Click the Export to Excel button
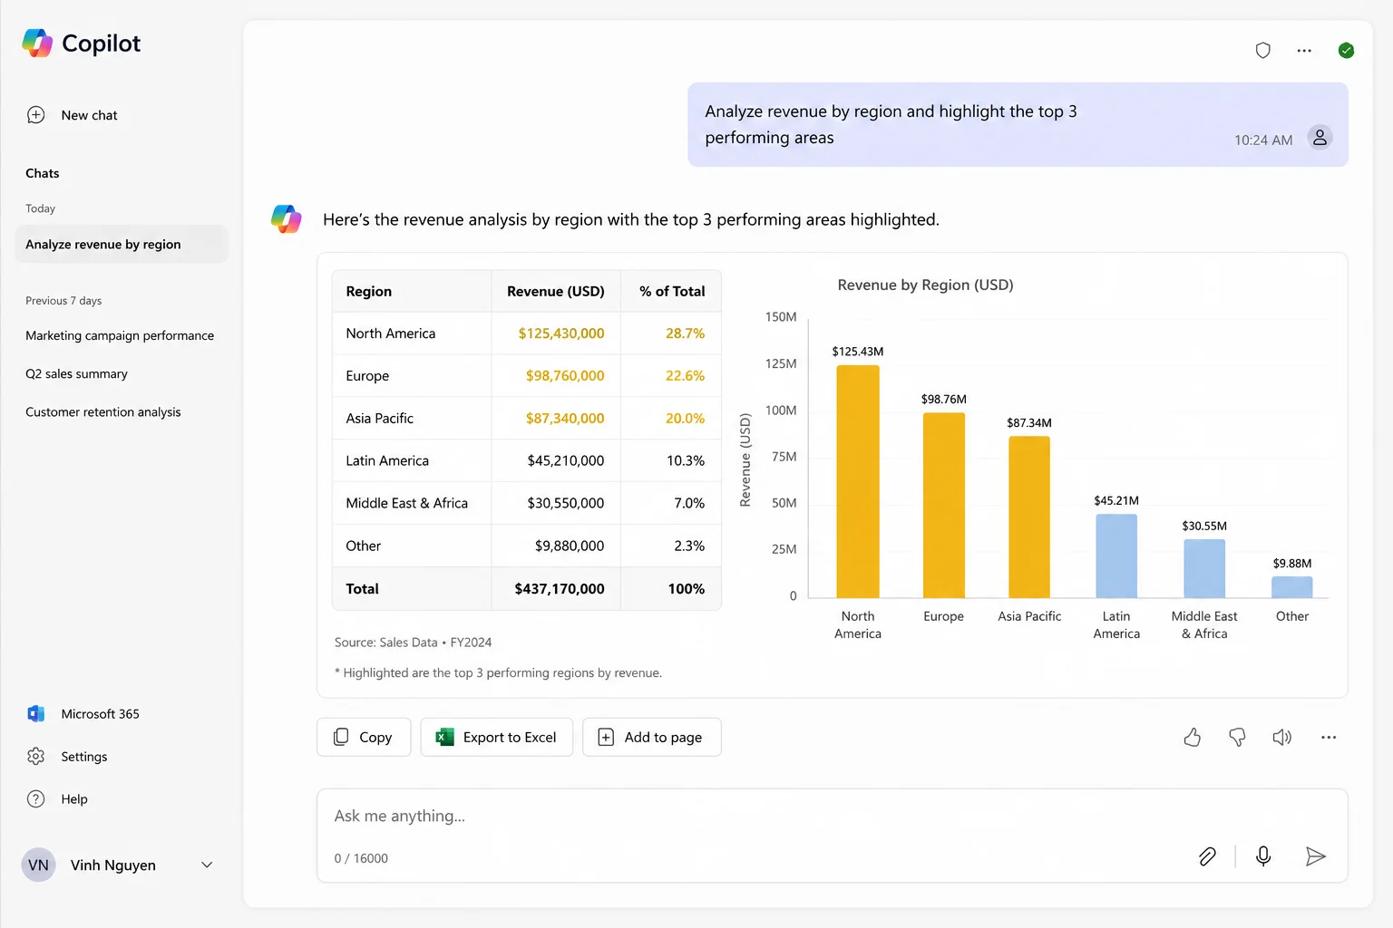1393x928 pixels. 496,737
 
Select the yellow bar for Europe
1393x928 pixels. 943,506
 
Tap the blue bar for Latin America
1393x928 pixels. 1116,556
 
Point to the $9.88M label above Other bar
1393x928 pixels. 1291,563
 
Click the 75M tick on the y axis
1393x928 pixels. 784,456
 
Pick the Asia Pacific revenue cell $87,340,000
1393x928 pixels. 565,418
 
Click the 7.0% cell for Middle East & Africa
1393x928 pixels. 689,503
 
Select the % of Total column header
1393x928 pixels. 672,291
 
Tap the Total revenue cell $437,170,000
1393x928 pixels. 559,588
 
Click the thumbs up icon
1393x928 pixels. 1193,737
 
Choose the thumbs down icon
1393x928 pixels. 1237,737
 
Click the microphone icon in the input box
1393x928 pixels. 1263,855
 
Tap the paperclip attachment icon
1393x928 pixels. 1207,856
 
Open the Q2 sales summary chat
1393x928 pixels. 76,373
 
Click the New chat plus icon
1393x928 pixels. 36,115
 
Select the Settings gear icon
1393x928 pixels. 36,756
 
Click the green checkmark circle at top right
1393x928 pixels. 1346,51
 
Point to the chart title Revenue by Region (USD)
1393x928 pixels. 925,285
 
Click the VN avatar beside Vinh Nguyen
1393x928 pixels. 39,865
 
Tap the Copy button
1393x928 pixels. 364,737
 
